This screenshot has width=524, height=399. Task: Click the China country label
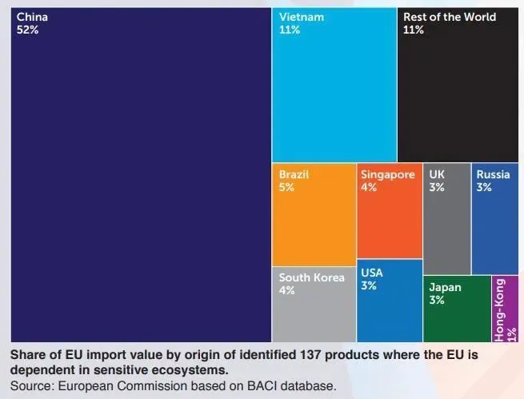tap(32, 17)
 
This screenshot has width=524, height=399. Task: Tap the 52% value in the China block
tap(28, 30)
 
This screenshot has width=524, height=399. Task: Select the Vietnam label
tap(301, 17)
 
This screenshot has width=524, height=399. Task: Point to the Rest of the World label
tap(449, 17)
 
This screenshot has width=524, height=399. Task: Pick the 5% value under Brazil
tap(286, 187)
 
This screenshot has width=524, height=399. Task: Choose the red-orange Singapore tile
tap(389, 216)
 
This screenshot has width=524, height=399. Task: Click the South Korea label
tap(311, 277)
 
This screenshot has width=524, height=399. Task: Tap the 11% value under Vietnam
tap(290, 30)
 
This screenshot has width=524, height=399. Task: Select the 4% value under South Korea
tap(286, 290)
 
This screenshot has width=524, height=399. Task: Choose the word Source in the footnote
tap(30, 385)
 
